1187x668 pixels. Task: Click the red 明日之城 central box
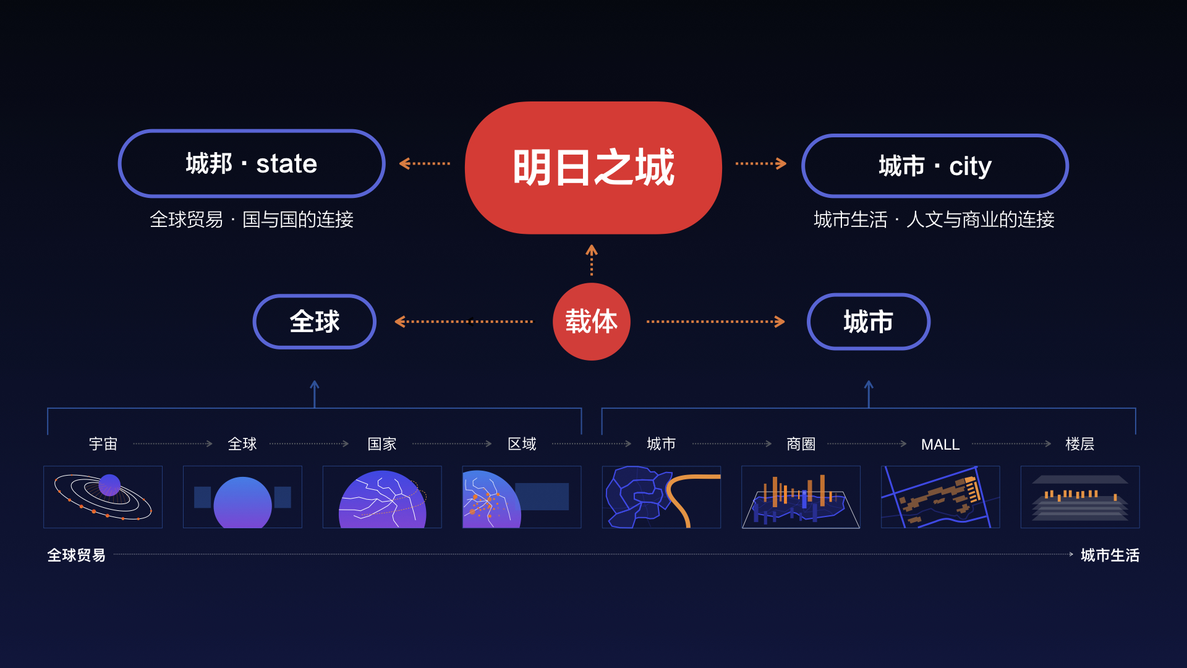[x=593, y=168]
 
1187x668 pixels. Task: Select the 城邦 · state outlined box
[x=252, y=164]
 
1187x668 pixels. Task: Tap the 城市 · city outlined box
[x=935, y=166]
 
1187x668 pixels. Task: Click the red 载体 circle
[x=592, y=322]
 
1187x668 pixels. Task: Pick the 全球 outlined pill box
[x=315, y=322]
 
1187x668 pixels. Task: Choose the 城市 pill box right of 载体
[x=868, y=322]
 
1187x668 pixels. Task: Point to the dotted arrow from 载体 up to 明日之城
[x=592, y=260]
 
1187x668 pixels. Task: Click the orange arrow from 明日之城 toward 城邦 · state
[x=425, y=164]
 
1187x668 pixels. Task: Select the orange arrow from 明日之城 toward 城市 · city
[x=760, y=164]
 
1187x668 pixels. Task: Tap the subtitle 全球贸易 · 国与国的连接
[x=252, y=220]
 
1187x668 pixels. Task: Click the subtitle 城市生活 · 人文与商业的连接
[x=934, y=220]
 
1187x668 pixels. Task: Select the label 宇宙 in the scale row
[x=103, y=444]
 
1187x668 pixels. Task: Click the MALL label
[x=940, y=445]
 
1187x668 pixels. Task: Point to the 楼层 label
[x=1079, y=444]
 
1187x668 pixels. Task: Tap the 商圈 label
[x=801, y=444]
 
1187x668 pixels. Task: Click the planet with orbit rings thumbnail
[x=103, y=497]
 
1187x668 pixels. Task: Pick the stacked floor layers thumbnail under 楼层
[x=1079, y=497]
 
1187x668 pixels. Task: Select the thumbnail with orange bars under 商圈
[x=801, y=497]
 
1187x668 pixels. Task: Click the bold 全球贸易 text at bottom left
[x=77, y=555]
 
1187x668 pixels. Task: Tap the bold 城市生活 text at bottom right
[x=1110, y=555]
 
